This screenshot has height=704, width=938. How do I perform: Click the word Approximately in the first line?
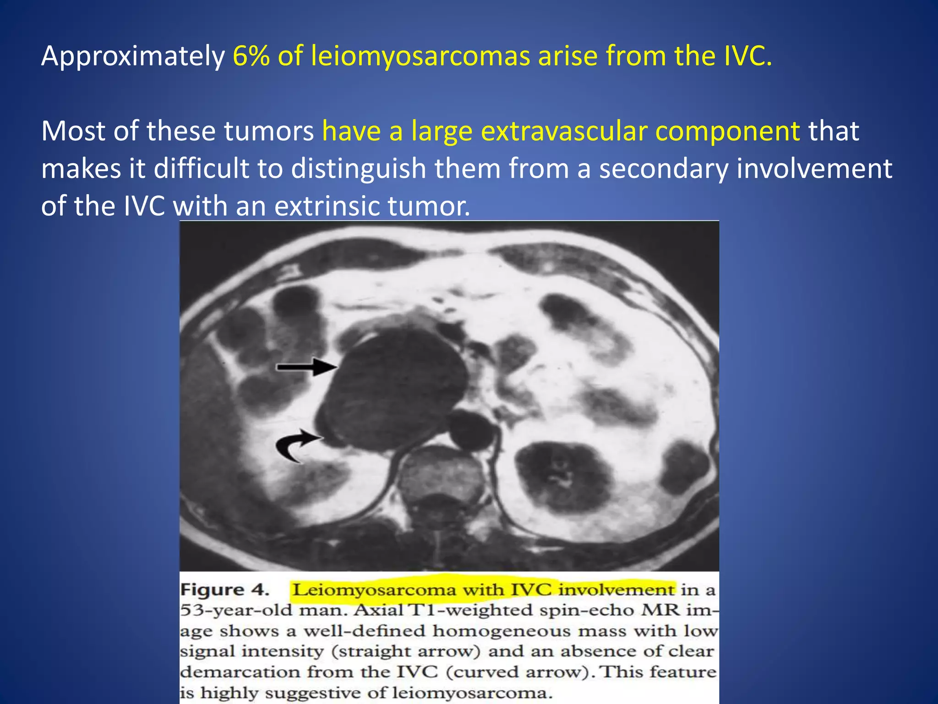point(132,56)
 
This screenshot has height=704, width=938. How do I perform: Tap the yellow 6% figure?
point(251,56)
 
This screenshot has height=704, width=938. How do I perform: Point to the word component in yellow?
point(727,131)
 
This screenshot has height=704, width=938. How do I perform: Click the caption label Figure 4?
point(224,589)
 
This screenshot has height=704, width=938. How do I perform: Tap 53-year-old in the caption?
point(235,610)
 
